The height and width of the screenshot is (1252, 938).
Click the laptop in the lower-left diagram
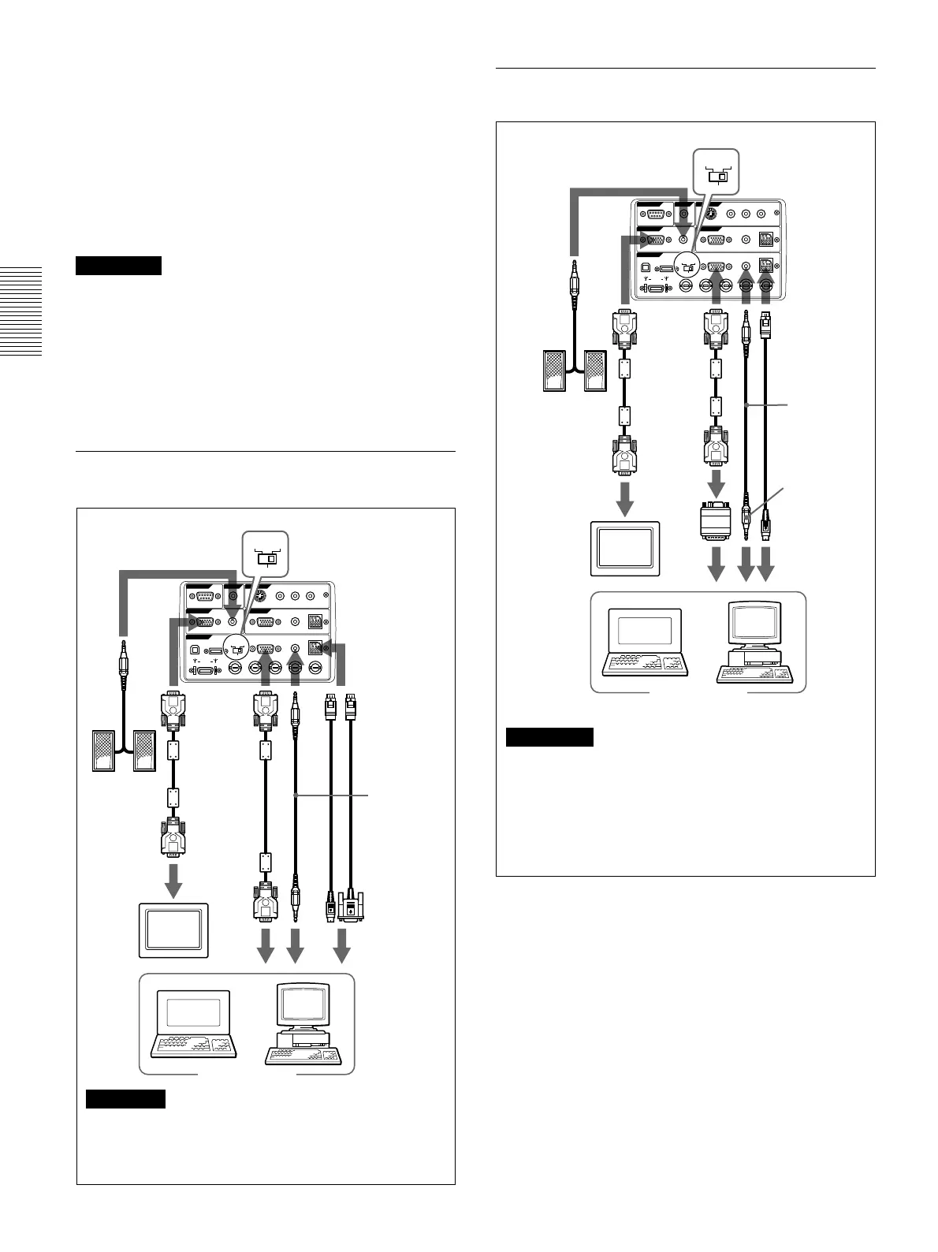pos(193,1023)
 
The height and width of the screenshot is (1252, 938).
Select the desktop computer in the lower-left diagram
pos(304,1023)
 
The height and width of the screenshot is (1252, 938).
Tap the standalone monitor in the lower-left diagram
pos(173,931)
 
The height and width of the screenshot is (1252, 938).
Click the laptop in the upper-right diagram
pos(645,639)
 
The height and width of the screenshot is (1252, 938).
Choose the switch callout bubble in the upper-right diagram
pos(716,172)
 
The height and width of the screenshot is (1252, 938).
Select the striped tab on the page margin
pos(21,312)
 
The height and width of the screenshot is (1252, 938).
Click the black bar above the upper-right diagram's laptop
pos(549,737)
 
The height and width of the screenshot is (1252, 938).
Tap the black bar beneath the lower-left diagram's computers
pos(126,1098)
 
